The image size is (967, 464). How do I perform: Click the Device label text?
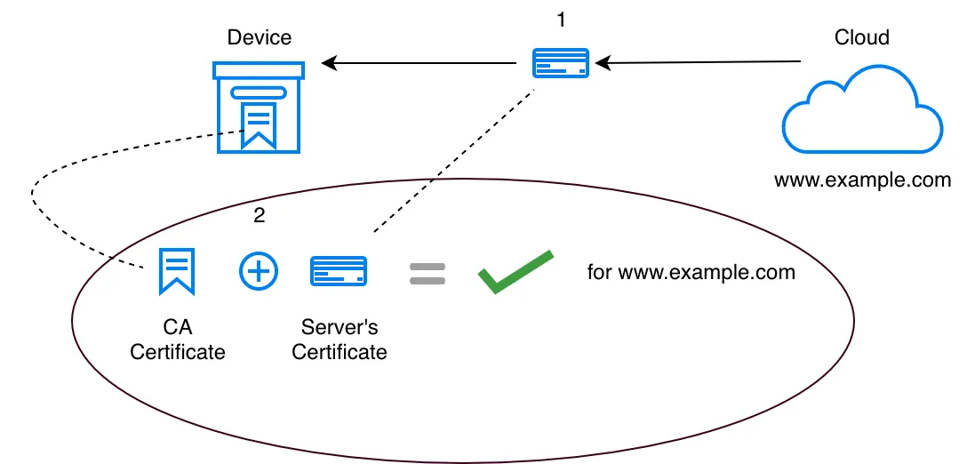(259, 37)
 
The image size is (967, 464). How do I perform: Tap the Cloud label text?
(861, 37)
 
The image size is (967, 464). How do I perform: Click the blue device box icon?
(259, 107)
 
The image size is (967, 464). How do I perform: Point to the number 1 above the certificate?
(560, 19)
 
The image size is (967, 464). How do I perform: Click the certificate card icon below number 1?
(560, 63)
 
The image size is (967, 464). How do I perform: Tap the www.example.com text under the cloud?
(862, 180)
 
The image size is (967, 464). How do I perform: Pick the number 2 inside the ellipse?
(259, 214)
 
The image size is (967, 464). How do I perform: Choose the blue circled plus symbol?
(259, 271)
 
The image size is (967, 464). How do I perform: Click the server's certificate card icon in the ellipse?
(338, 271)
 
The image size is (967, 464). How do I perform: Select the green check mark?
(515, 271)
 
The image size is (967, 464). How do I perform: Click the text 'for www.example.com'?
(691, 272)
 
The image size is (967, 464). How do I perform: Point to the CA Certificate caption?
(178, 340)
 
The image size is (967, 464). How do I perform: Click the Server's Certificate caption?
(340, 340)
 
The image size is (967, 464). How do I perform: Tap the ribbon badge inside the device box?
(259, 124)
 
